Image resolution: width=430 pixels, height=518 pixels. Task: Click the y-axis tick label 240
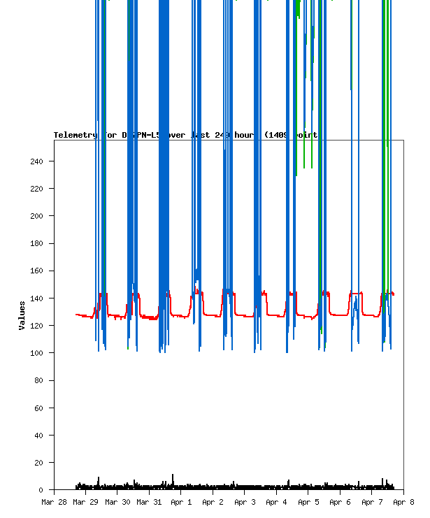pyautogui.click(x=37, y=161)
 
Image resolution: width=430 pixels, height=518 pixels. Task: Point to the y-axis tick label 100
pyautogui.click(x=37, y=353)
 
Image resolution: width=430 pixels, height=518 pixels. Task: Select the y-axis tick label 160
pyautogui.click(x=37, y=271)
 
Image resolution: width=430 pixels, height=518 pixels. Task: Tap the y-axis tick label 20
pyautogui.click(x=39, y=463)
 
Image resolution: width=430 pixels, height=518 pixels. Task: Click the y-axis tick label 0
pyautogui.click(x=41, y=490)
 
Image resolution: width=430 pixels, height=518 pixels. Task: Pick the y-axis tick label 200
pyautogui.click(x=37, y=216)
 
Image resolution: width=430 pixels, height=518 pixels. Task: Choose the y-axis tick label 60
pyautogui.click(x=39, y=408)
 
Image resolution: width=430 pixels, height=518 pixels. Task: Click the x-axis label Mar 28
pyautogui.click(x=55, y=502)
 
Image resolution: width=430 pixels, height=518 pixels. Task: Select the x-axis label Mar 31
pyautogui.click(x=149, y=502)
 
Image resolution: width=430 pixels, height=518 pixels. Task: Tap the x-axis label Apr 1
pyautogui.click(x=181, y=502)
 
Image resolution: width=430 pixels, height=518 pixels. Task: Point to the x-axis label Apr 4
pyautogui.click(x=276, y=502)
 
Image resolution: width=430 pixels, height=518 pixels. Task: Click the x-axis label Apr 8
pyautogui.click(x=403, y=502)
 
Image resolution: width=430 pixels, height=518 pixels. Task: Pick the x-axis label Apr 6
pyautogui.click(x=340, y=502)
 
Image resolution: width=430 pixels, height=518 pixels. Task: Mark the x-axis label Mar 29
pyautogui.click(x=86, y=502)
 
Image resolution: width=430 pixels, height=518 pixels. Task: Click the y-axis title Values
pyautogui.click(x=22, y=315)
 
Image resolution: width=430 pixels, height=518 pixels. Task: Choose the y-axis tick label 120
pyautogui.click(x=37, y=326)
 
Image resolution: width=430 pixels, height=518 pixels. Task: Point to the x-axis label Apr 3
pyautogui.click(x=245, y=502)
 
